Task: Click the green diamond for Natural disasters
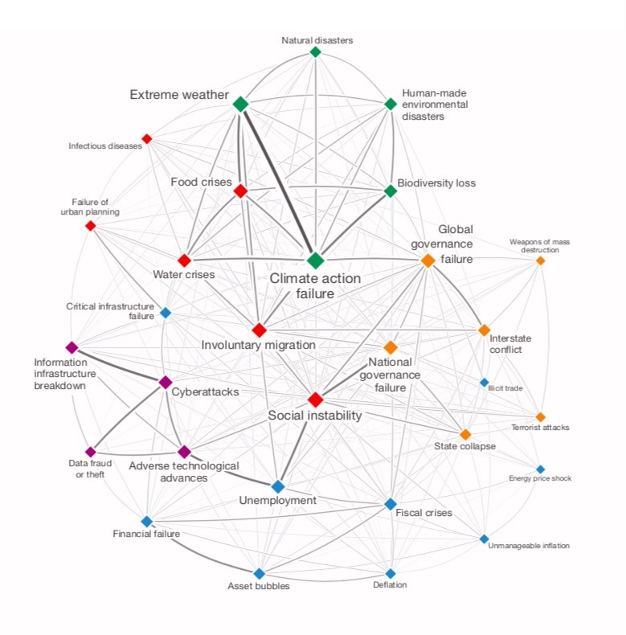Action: pyautogui.click(x=316, y=52)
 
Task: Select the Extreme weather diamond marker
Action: pyautogui.click(x=240, y=104)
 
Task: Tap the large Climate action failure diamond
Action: pyautogui.click(x=316, y=260)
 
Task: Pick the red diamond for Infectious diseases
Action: pyautogui.click(x=147, y=138)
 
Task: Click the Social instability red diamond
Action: pyautogui.click(x=316, y=399)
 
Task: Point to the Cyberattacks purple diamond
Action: pyautogui.click(x=166, y=381)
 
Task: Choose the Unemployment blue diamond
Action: pyautogui.click(x=278, y=486)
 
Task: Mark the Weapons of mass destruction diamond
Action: pyautogui.click(x=540, y=260)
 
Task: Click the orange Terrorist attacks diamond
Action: pyautogui.click(x=540, y=416)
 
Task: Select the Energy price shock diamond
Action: pyautogui.click(x=540, y=469)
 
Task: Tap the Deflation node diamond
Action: pyautogui.click(x=391, y=573)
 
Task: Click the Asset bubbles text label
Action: pyautogui.click(x=259, y=586)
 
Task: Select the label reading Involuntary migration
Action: pyautogui.click(x=258, y=346)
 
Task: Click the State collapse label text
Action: pyautogui.click(x=465, y=446)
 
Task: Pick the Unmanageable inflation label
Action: pyautogui.click(x=529, y=546)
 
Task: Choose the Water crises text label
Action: pyautogui.click(x=183, y=275)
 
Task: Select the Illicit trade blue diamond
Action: pyautogui.click(x=484, y=382)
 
